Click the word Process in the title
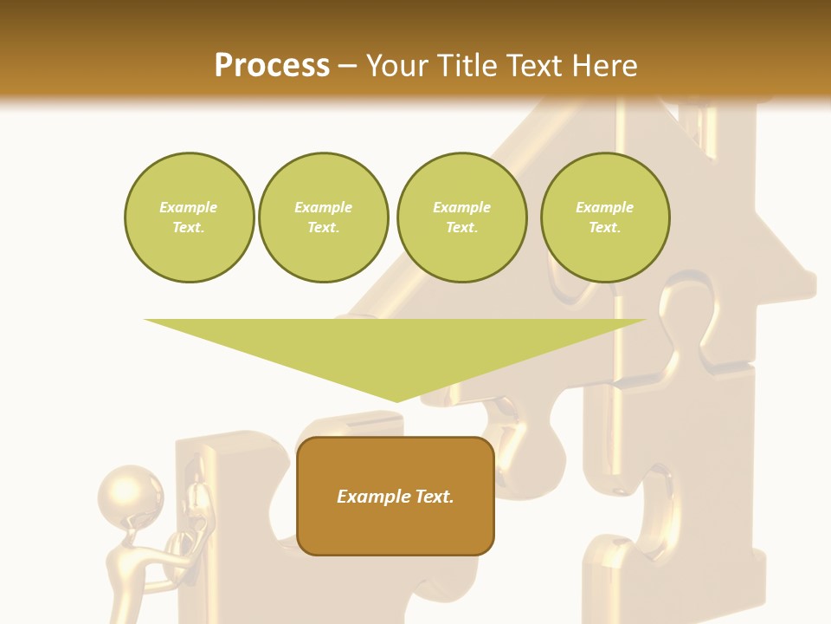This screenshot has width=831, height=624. click(x=272, y=66)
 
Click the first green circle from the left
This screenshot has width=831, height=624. click(x=189, y=218)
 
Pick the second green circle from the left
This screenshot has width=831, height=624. click(x=324, y=218)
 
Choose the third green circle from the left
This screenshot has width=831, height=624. click(x=461, y=218)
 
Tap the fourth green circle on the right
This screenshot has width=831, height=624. click(x=605, y=218)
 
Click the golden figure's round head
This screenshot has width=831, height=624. click(x=131, y=492)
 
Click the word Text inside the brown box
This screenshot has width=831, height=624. click(x=434, y=497)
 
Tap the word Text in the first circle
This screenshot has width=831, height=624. click(x=189, y=228)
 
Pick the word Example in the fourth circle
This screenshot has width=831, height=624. click(x=605, y=207)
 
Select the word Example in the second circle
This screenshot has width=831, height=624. click(x=324, y=207)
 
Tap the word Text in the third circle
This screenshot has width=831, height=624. click(x=461, y=228)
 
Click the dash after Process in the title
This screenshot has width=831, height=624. click(x=348, y=66)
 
